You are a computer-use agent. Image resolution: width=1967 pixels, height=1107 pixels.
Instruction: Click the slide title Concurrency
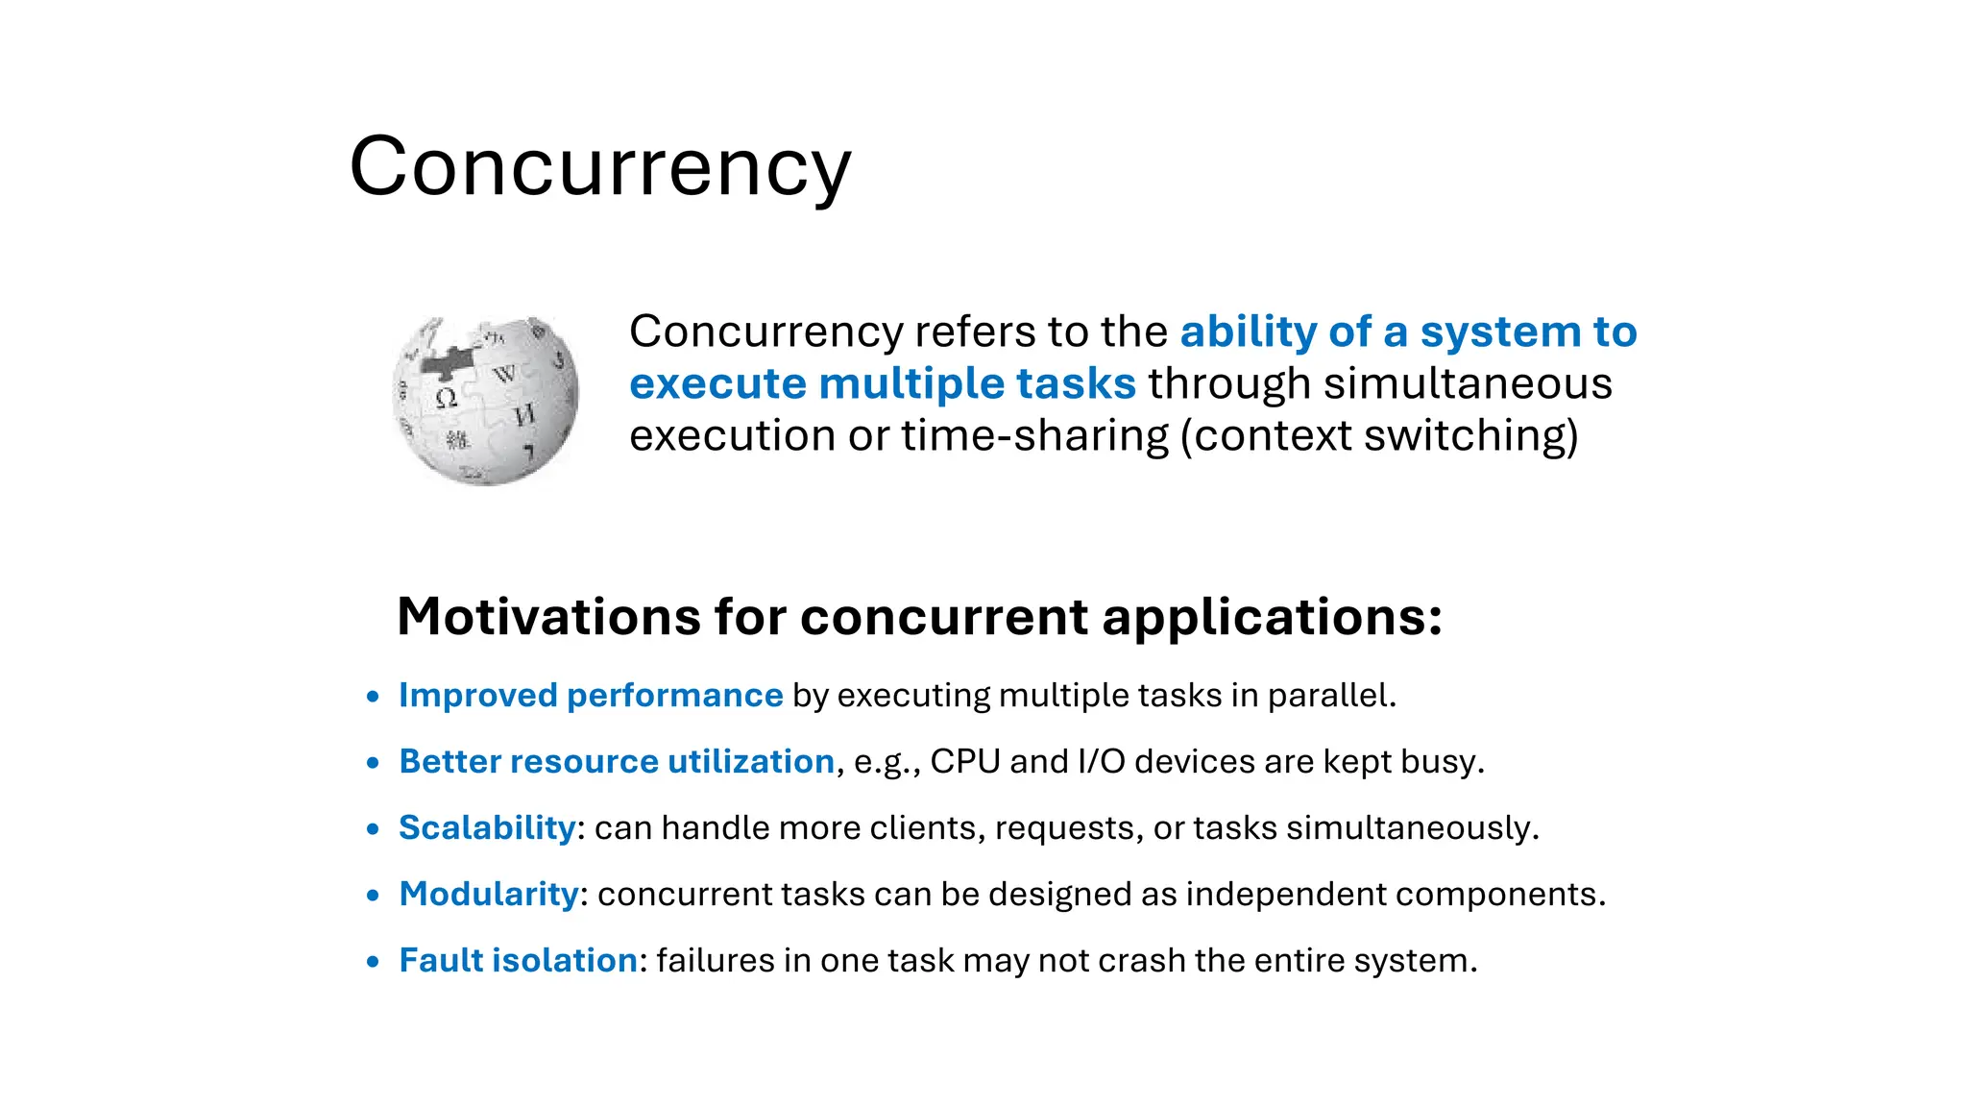click(599, 166)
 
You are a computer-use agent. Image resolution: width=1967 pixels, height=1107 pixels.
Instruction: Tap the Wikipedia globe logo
click(486, 401)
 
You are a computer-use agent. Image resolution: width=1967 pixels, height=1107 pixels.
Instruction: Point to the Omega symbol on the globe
click(446, 398)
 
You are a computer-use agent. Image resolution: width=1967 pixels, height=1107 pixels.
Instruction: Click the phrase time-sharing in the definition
click(1034, 435)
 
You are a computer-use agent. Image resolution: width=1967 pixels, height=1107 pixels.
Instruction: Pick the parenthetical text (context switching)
click(1379, 435)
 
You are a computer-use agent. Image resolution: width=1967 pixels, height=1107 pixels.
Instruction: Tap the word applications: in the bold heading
click(1272, 616)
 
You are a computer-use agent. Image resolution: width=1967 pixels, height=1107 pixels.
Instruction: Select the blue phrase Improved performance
click(591, 695)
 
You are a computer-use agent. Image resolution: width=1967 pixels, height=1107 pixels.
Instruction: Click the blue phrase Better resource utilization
click(617, 761)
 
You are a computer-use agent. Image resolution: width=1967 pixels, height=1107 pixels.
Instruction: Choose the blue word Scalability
click(487, 827)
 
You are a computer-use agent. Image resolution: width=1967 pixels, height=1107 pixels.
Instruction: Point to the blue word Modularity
click(489, 894)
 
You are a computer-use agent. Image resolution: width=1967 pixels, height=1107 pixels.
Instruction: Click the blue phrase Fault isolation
click(518, 960)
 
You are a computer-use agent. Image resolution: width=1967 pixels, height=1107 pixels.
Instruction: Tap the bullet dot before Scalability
click(374, 829)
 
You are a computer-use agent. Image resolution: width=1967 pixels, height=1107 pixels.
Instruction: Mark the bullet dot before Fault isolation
click(374, 962)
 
